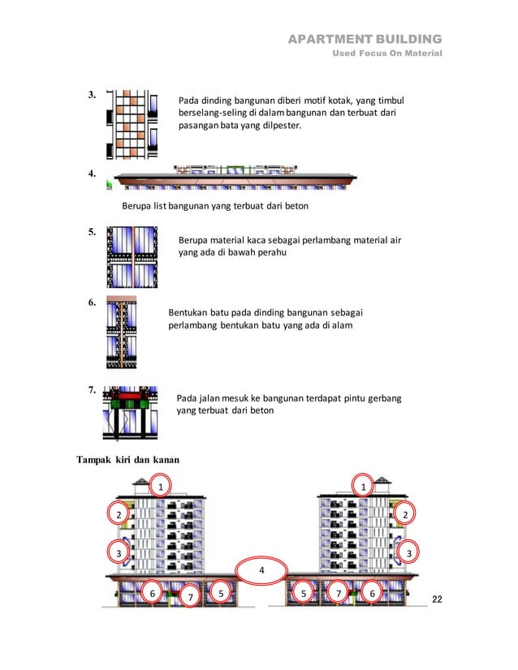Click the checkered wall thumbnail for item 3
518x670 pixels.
[x=131, y=123]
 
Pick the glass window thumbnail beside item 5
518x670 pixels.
[x=131, y=256]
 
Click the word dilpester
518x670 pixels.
[x=278, y=127]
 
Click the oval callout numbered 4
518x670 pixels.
[x=261, y=570]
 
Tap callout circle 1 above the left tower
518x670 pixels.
[x=160, y=486]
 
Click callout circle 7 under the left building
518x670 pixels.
[x=189, y=596]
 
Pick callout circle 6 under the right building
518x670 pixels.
[x=372, y=593]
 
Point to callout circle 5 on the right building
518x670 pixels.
[x=304, y=593]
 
